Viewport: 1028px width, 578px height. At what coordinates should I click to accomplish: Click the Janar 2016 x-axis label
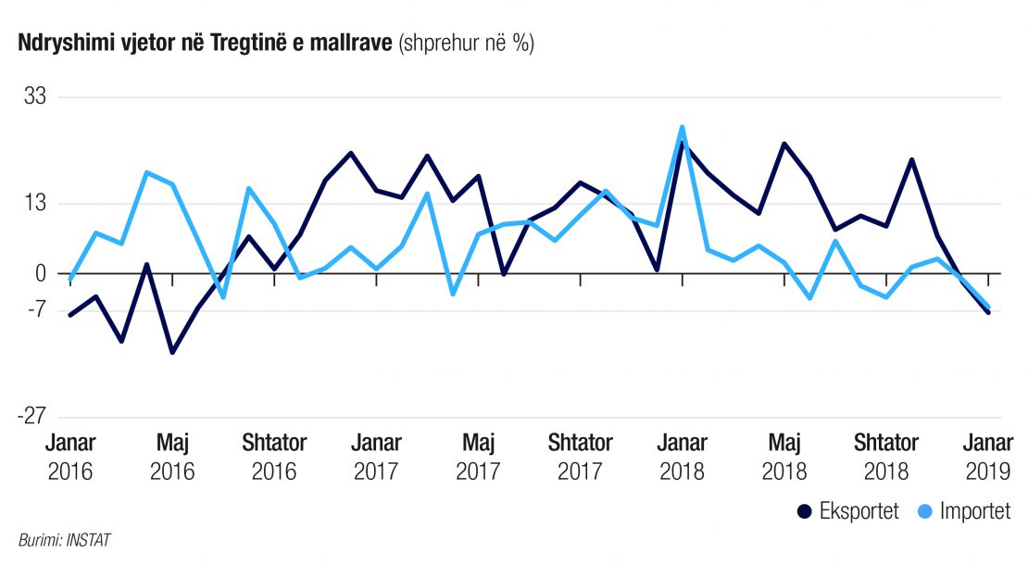tap(69, 457)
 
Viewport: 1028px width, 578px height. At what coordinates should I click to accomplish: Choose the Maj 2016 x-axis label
tap(172, 457)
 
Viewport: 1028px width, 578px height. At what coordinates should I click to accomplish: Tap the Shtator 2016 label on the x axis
tap(274, 457)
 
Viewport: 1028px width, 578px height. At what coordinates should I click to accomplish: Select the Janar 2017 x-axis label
tap(376, 457)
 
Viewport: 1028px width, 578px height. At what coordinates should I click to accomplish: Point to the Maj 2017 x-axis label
tap(478, 457)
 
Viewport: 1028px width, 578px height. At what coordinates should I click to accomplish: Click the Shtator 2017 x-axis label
tap(581, 457)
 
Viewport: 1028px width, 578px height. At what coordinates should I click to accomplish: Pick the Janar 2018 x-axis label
tap(683, 457)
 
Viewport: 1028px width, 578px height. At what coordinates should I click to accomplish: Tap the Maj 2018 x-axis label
tap(784, 457)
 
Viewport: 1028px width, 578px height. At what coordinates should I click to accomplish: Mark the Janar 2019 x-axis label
tap(989, 457)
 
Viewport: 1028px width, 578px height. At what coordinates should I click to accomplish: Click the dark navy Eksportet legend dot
tap(804, 512)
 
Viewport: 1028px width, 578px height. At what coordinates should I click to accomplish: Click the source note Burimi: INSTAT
tap(64, 540)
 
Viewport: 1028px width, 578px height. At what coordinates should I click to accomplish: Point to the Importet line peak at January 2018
tap(682, 127)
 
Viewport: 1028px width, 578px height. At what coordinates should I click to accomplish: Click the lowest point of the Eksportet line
tap(172, 352)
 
